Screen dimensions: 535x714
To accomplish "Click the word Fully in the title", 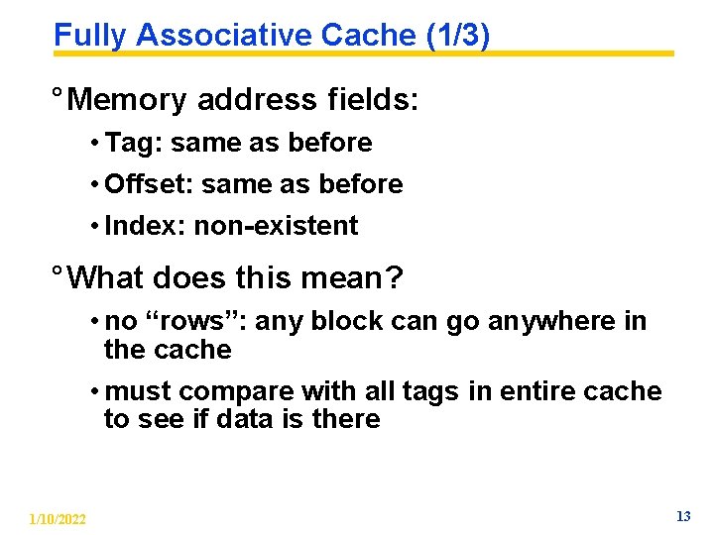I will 90,36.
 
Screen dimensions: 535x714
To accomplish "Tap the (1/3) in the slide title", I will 457,36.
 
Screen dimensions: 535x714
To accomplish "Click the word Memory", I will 130,100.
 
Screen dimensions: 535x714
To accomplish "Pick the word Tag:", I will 134,143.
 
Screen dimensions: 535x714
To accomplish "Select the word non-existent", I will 276,226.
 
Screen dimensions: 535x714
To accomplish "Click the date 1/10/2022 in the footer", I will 58,519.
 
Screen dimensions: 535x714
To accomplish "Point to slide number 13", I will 682,516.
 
